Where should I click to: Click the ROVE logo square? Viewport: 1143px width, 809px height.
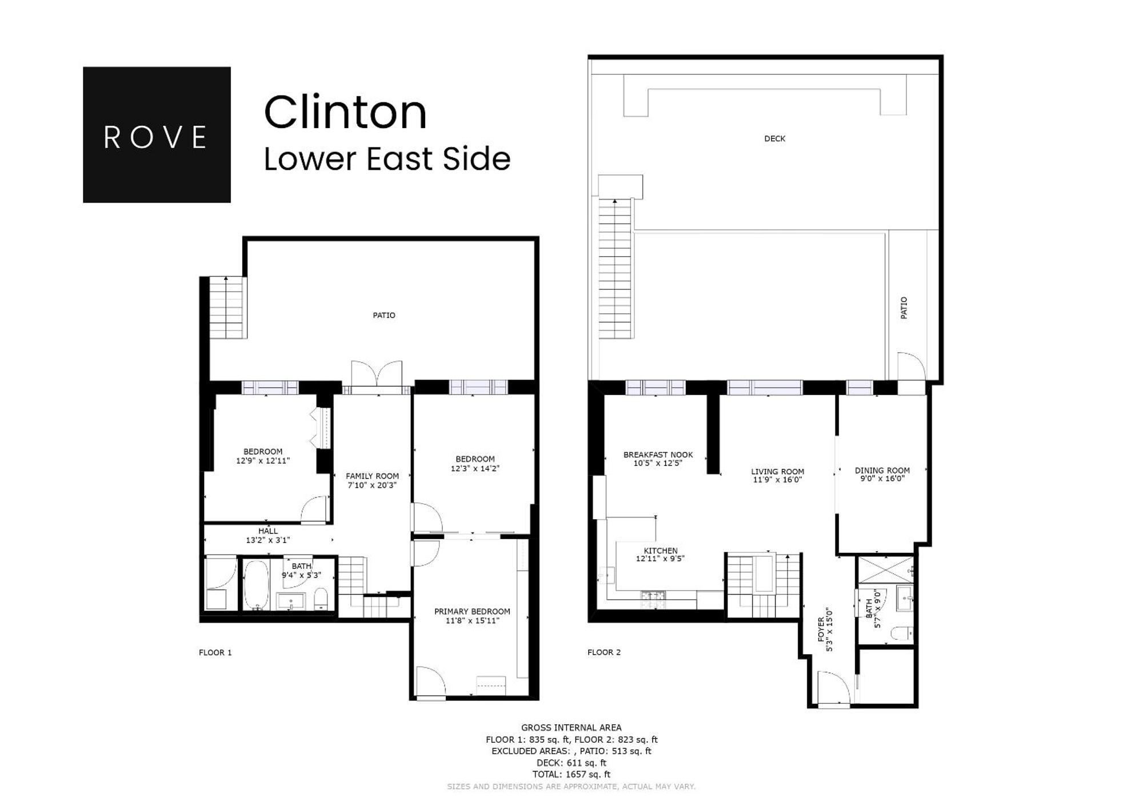pyautogui.click(x=157, y=135)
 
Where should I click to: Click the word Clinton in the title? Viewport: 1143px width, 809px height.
pyautogui.click(x=345, y=113)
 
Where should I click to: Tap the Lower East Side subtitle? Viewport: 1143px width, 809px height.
pyautogui.click(x=387, y=159)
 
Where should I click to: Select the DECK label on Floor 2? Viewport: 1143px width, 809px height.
pyautogui.click(x=774, y=139)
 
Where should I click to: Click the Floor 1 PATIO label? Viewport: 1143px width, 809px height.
pyautogui.click(x=383, y=315)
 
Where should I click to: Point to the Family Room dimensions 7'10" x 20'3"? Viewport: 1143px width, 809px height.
pyautogui.click(x=372, y=485)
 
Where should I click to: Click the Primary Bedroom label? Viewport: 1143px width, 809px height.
pyautogui.click(x=472, y=611)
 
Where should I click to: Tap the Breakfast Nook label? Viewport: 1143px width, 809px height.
pyautogui.click(x=658, y=455)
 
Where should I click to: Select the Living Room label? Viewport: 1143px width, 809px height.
pyautogui.click(x=777, y=472)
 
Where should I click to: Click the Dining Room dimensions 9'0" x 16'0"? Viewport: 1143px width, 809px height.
pyautogui.click(x=882, y=479)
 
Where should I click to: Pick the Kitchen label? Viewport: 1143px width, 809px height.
pyautogui.click(x=660, y=551)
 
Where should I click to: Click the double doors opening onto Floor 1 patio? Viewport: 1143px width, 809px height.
pyautogui.click(x=377, y=375)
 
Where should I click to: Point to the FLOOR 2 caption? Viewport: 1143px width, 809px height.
pyautogui.click(x=604, y=652)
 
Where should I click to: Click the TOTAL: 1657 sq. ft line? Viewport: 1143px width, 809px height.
pyautogui.click(x=571, y=774)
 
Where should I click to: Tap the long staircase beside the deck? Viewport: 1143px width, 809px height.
pyautogui.click(x=616, y=269)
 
